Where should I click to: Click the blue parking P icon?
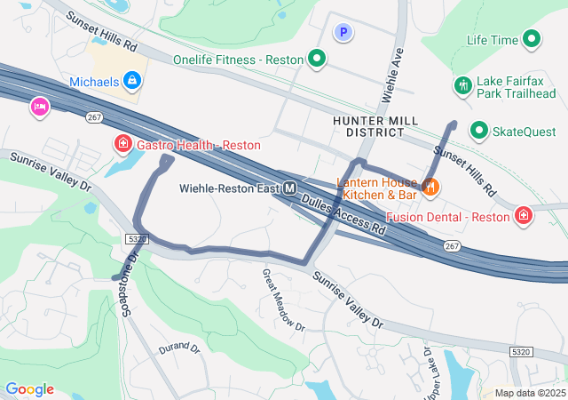point(343,33)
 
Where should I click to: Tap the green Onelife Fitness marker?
point(316,60)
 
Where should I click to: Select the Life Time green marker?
point(532,39)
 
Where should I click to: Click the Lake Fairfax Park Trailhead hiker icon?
point(461,85)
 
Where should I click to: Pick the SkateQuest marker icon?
point(479,132)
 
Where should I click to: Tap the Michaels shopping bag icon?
point(132,82)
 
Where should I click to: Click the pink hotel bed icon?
point(40,107)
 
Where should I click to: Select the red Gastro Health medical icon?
point(122,143)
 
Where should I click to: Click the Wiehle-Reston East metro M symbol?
point(290,188)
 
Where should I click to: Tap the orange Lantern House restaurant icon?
point(430,186)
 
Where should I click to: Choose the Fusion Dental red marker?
point(525,216)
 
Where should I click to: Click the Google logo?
point(29,389)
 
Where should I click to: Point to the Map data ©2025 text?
point(529,393)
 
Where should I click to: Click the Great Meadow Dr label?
point(283,300)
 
